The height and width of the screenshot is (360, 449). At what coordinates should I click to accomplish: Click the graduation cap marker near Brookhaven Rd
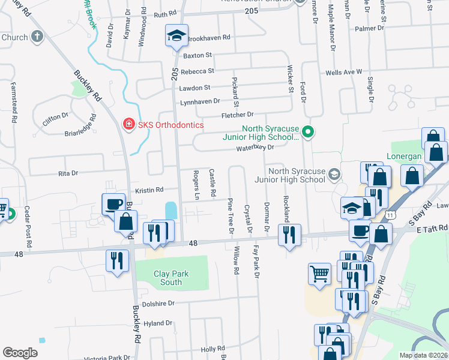176,36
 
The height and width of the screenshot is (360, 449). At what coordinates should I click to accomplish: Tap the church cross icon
37,37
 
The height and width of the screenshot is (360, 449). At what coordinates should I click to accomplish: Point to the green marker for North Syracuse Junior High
308,131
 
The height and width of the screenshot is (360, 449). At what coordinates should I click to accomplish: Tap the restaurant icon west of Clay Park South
116,260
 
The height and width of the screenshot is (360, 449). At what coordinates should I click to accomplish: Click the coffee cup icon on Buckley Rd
113,205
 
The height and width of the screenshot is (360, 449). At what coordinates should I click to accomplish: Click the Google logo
20,352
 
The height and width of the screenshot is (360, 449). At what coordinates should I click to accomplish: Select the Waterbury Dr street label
255,147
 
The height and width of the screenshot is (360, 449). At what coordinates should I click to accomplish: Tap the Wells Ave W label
343,72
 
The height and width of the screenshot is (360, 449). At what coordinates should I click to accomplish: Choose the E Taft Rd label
432,228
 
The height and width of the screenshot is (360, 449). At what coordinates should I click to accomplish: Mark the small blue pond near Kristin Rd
170,211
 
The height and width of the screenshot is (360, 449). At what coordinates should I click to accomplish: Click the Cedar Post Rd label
27,227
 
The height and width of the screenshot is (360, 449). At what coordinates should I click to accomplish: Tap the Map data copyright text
423,355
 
